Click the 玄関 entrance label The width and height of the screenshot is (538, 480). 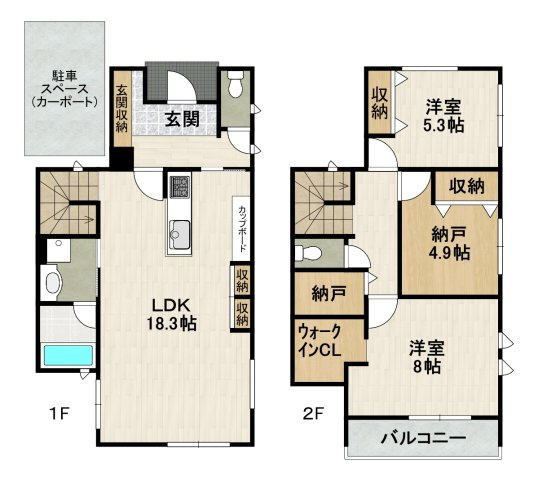[181, 119]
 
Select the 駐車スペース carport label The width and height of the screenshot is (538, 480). [58, 88]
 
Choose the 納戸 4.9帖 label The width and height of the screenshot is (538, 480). [449, 244]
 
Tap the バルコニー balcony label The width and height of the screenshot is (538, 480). [422, 438]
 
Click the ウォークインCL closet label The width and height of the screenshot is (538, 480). [318, 342]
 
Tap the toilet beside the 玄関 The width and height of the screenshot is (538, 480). [235, 90]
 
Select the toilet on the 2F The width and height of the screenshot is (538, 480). [311, 252]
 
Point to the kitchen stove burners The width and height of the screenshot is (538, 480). [180, 188]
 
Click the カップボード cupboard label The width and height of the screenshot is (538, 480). [243, 228]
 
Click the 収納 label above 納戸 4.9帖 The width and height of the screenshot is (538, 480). [466, 186]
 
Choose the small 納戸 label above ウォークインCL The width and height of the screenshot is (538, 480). [320, 294]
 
